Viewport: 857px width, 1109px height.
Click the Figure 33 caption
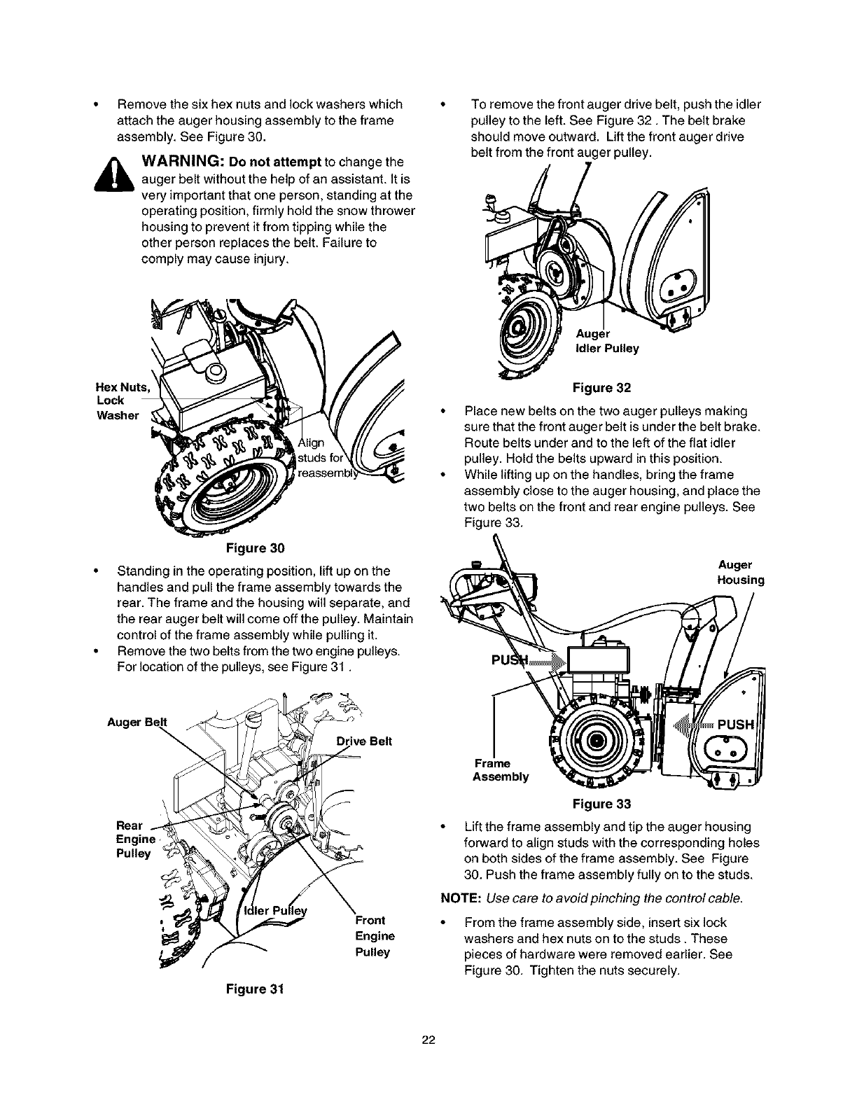pyautogui.click(x=601, y=802)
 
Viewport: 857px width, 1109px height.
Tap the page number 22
pyautogui.click(x=428, y=1040)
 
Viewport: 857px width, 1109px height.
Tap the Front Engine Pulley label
pyautogui.click(x=375, y=936)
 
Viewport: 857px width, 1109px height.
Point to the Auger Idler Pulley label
pyautogui.click(x=606, y=341)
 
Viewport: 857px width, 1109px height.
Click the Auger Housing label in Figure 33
pyautogui.click(x=740, y=572)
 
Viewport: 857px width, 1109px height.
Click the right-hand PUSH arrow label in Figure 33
pyautogui.click(x=728, y=723)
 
